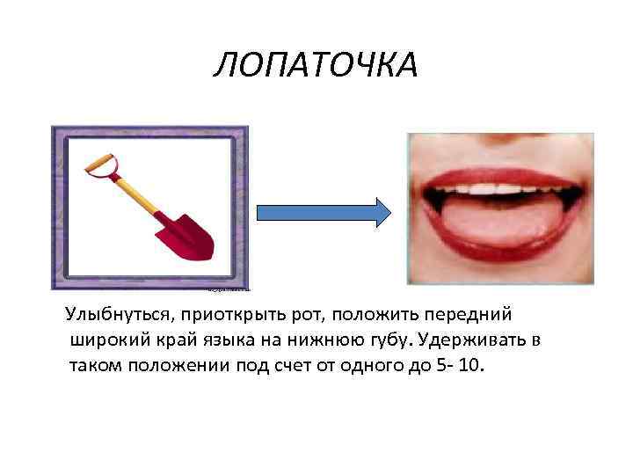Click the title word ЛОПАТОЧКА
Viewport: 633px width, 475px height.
coord(315,64)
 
